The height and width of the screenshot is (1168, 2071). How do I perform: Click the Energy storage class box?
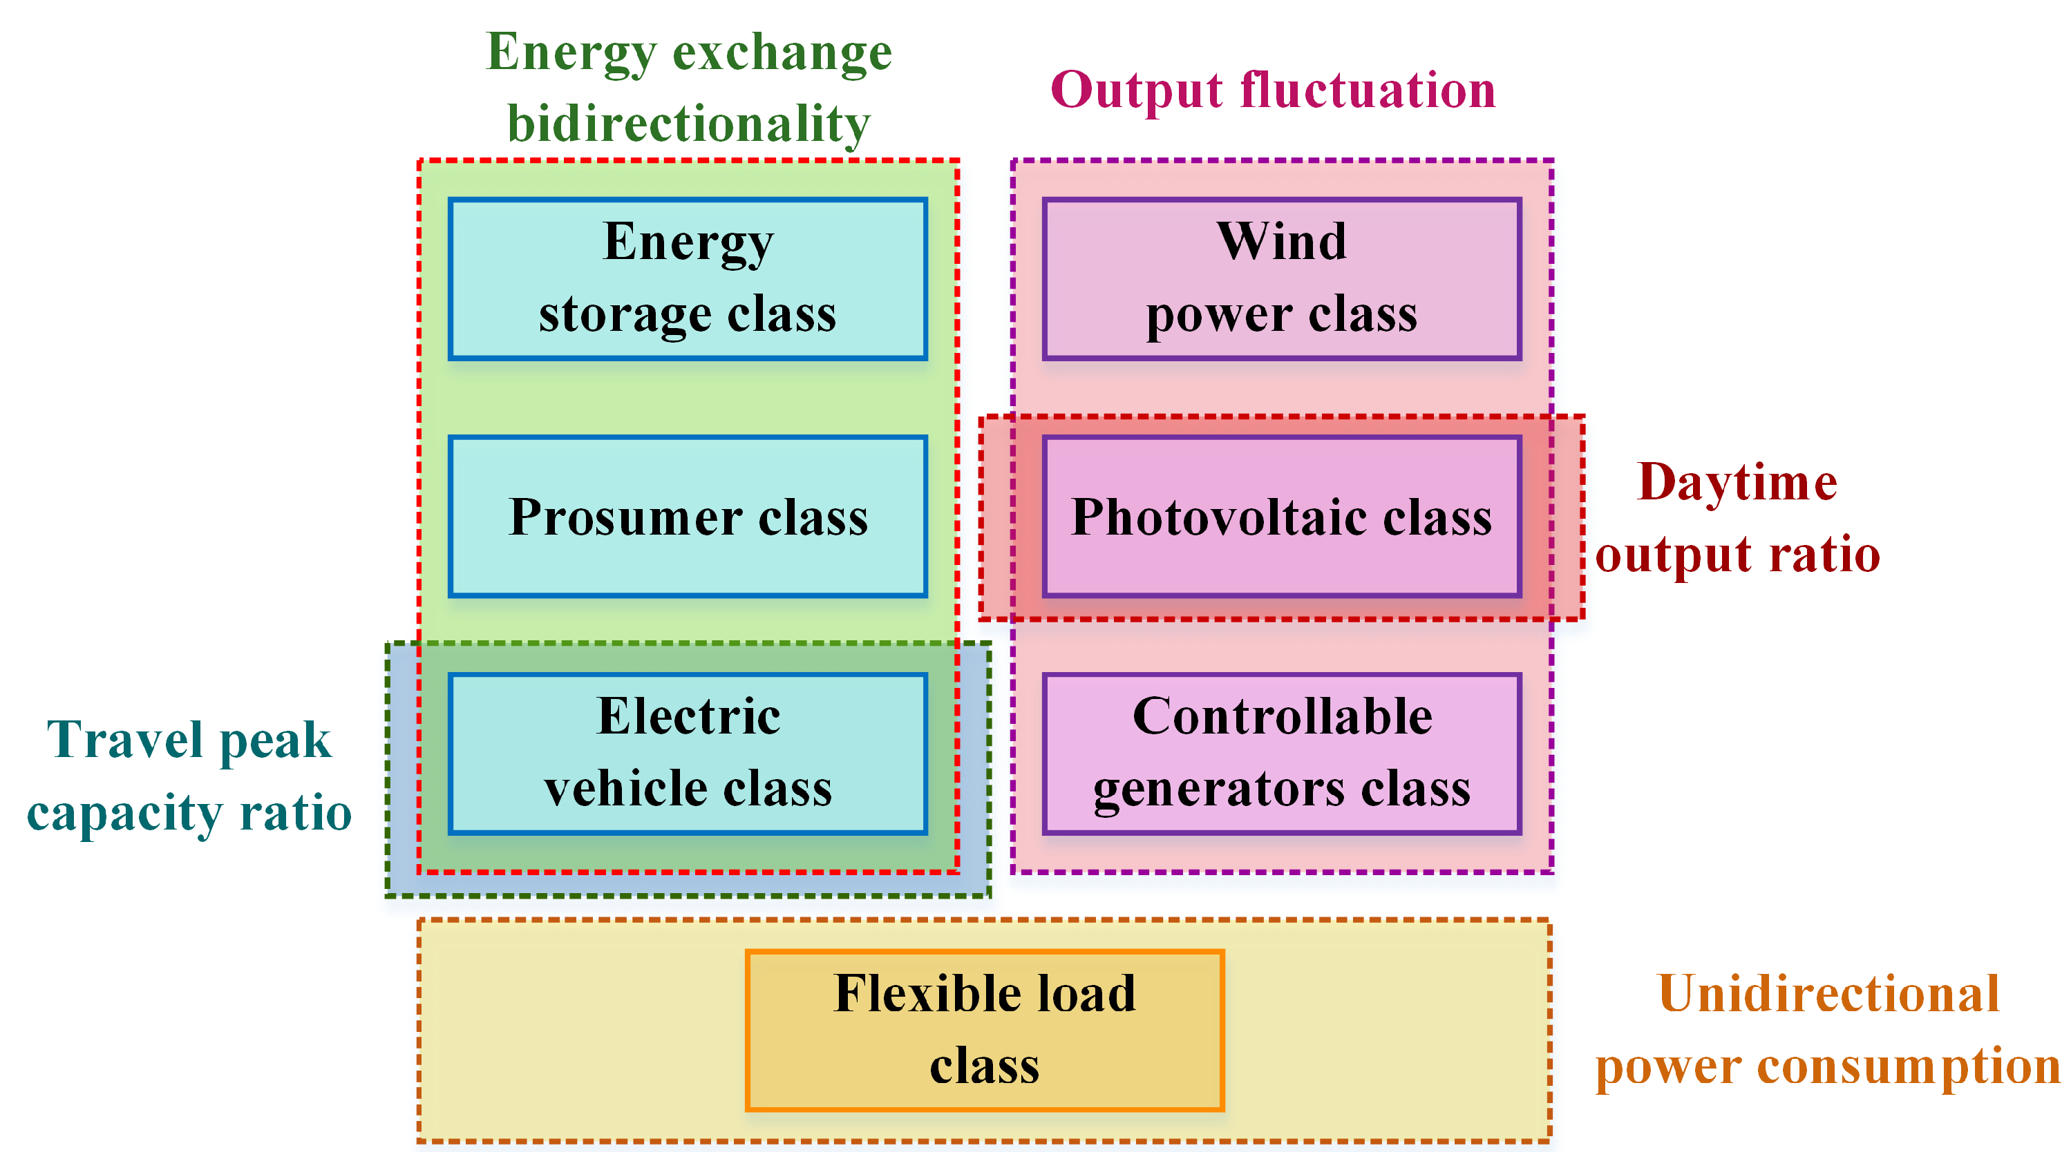[688, 278]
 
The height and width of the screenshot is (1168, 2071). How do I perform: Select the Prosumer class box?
[688, 516]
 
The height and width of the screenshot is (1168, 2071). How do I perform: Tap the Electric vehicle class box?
[688, 753]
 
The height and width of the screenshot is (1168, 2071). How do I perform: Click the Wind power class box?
[1282, 278]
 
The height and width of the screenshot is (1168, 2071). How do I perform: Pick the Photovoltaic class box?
[1282, 516]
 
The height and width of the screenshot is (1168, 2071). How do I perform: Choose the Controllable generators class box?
[1282, 753]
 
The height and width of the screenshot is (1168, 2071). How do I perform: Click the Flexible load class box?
[984, 1030]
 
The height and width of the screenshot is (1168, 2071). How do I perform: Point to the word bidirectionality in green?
[688, 124]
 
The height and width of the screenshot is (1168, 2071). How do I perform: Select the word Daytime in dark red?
[1737, 482]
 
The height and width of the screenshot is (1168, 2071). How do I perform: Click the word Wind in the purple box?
[1282, 241]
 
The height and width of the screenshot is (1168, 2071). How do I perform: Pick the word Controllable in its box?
[1282, 716]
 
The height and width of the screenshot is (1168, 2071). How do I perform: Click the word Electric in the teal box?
[688, 716]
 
